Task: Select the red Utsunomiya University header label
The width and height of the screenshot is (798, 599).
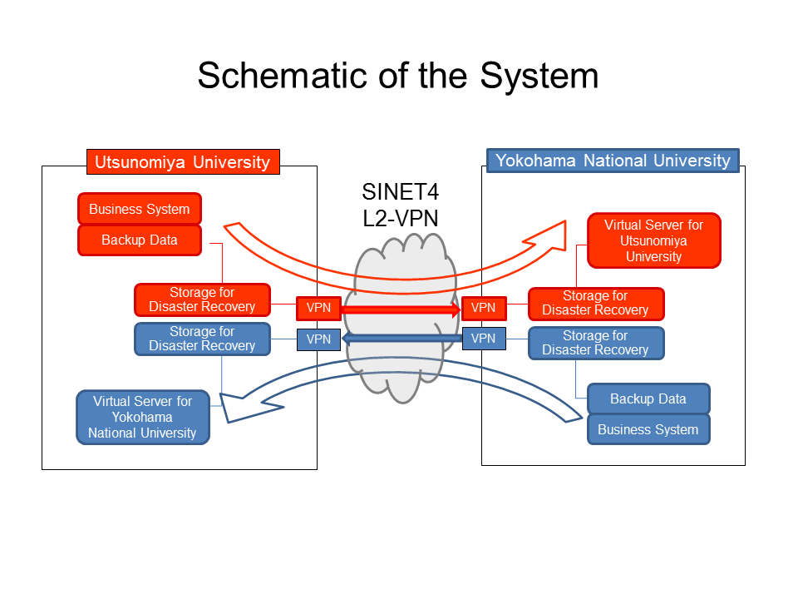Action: [183, 161]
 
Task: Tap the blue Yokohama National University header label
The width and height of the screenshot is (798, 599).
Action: [613, 161]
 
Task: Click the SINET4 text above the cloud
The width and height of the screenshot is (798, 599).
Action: [400, 192]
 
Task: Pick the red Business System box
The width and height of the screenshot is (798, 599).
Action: [140, 210]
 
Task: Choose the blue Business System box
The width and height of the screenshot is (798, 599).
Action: [648, 429]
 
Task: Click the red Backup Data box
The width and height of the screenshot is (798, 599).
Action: [140, 240]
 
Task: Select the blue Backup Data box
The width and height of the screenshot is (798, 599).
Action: [648, 399]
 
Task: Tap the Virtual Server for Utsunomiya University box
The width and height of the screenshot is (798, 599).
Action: [653, 240]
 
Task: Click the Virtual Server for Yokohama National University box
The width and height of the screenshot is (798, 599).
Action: [142, 417]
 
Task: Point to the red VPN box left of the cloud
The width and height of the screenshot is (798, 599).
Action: [318, 308]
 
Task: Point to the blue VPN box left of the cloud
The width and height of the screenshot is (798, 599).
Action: [318, 339]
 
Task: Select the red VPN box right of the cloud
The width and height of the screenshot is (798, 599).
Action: [483, 308]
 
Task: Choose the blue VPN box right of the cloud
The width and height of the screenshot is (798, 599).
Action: [483, 339]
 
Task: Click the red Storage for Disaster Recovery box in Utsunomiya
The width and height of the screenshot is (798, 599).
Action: [202, 299]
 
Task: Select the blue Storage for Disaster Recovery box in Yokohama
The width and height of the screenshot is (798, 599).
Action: [596, 343]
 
